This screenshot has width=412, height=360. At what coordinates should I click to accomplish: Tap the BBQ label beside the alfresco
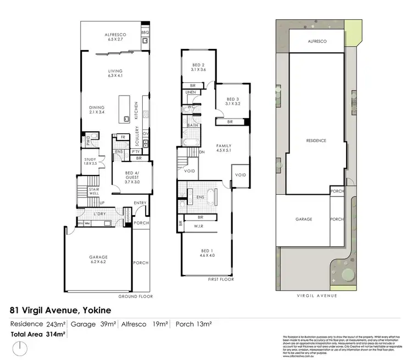coord(145,33)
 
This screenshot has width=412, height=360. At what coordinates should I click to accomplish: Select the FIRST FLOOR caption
coord(221,279)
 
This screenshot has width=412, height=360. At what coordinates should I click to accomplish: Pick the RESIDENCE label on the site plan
coord(316,141)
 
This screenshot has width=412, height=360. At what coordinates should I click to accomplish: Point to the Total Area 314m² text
coord(38,334)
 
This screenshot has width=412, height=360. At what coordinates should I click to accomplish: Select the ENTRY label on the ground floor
coord(140,203)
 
